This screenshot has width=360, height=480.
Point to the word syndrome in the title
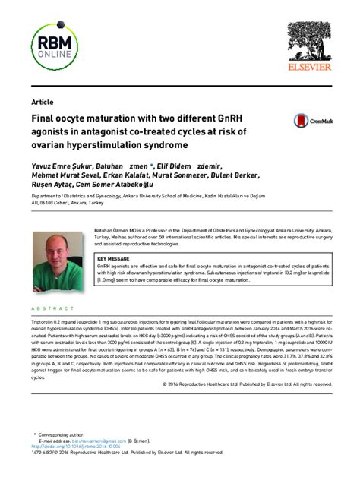[156, 144]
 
